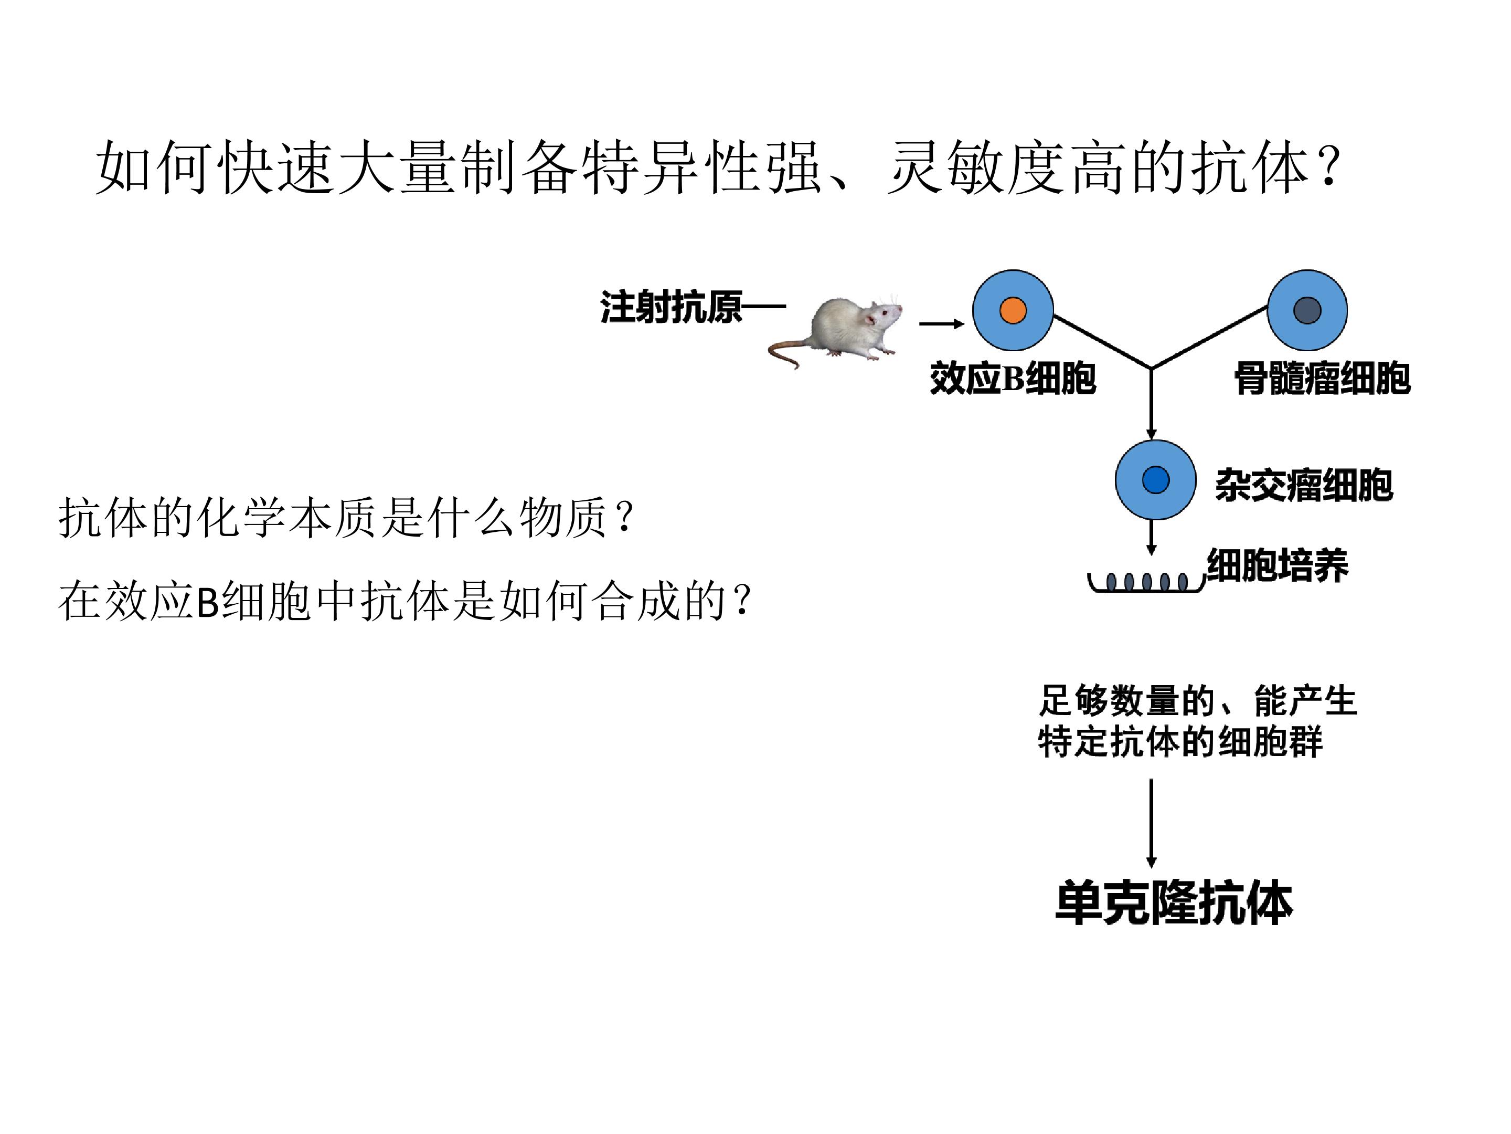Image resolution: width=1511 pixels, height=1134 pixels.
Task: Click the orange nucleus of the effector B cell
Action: coord(1013,310)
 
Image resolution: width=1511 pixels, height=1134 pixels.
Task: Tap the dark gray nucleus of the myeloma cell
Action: coord(1307,310)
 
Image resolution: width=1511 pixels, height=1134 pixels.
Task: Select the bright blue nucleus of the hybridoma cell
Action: coord(1156,479)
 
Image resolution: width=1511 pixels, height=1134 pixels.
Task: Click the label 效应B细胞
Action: coord(1013,378)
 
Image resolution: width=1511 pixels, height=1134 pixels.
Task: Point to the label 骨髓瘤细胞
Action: coord(1322,378)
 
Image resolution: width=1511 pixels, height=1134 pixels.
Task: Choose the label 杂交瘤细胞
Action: coord(1303,485)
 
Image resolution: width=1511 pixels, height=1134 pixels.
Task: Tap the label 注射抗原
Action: coord(672,307)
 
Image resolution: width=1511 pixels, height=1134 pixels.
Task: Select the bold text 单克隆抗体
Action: coord(1174,903)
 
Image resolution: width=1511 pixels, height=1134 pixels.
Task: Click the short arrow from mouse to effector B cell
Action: coord(941,324)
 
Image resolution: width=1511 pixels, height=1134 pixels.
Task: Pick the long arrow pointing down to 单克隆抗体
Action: coord(1151,824)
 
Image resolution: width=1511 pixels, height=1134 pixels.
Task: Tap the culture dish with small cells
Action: coord(1147,583)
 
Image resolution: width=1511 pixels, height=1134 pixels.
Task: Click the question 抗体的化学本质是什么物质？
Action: coord(347,518)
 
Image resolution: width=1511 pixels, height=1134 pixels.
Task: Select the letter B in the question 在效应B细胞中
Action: coord(207,602)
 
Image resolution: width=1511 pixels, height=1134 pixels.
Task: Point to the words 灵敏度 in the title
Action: coord(977,168)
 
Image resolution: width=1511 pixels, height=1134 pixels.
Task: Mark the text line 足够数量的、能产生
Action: coord(1197,701)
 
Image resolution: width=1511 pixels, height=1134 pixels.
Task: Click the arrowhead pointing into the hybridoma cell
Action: coord(1151,434)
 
